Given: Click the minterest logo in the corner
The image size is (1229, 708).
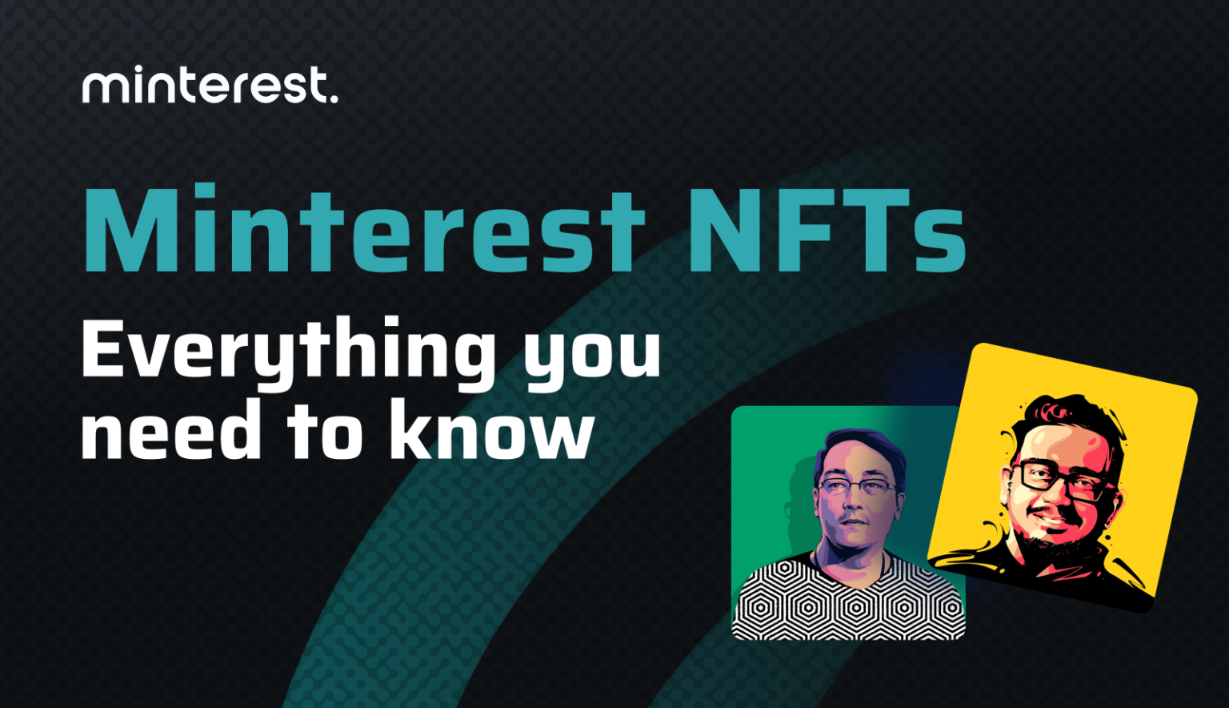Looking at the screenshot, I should pos(210,86).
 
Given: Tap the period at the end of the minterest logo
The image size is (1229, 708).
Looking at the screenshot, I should pos(334,99).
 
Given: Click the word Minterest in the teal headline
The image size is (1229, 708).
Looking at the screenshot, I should pos(364,230).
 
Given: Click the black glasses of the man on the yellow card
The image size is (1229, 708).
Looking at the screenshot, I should pos(1060,481).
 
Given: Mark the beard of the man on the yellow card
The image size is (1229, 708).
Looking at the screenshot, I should pos(1040,545).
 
